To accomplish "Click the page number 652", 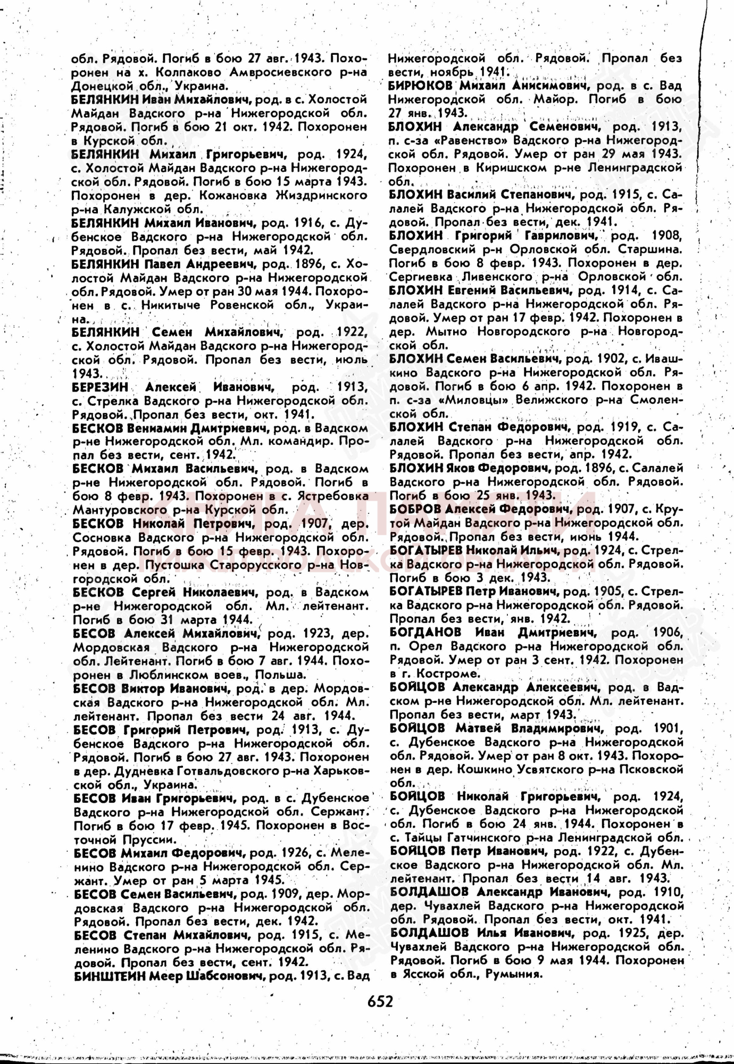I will click(380, 1001).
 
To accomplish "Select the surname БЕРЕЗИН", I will click(99, 387).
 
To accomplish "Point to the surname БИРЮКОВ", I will click(420, 86).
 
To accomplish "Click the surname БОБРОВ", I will click(415, 509).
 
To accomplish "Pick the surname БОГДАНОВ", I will click(425, 633).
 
